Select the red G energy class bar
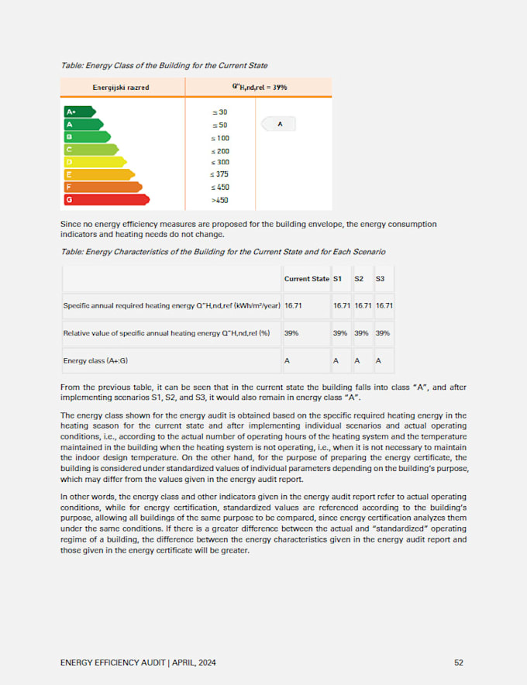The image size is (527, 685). tap(105, 199)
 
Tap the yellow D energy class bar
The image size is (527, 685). tap(94, 162)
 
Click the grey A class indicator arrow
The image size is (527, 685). tap(278, 124)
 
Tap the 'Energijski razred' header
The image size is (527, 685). tap(121, 88)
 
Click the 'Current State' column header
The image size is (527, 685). tap(306, 278)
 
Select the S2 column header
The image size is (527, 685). tap(360, 278)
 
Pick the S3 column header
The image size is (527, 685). tap(380, 278)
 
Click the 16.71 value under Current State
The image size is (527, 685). tap(293, 306)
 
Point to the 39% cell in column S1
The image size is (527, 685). tap(339, 333)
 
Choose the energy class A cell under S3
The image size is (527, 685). tap(378, 360)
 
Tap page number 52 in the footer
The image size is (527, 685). tap(459, 662)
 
